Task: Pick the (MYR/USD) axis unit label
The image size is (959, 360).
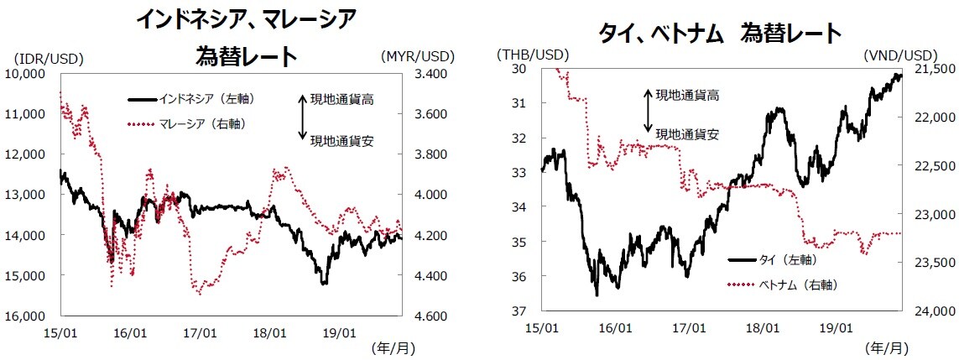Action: coord(416,57)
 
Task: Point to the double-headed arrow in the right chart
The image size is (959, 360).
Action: coord(647,109)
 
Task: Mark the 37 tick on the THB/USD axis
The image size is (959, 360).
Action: coord(522,311)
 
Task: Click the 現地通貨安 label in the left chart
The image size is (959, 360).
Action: coord(341,140)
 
